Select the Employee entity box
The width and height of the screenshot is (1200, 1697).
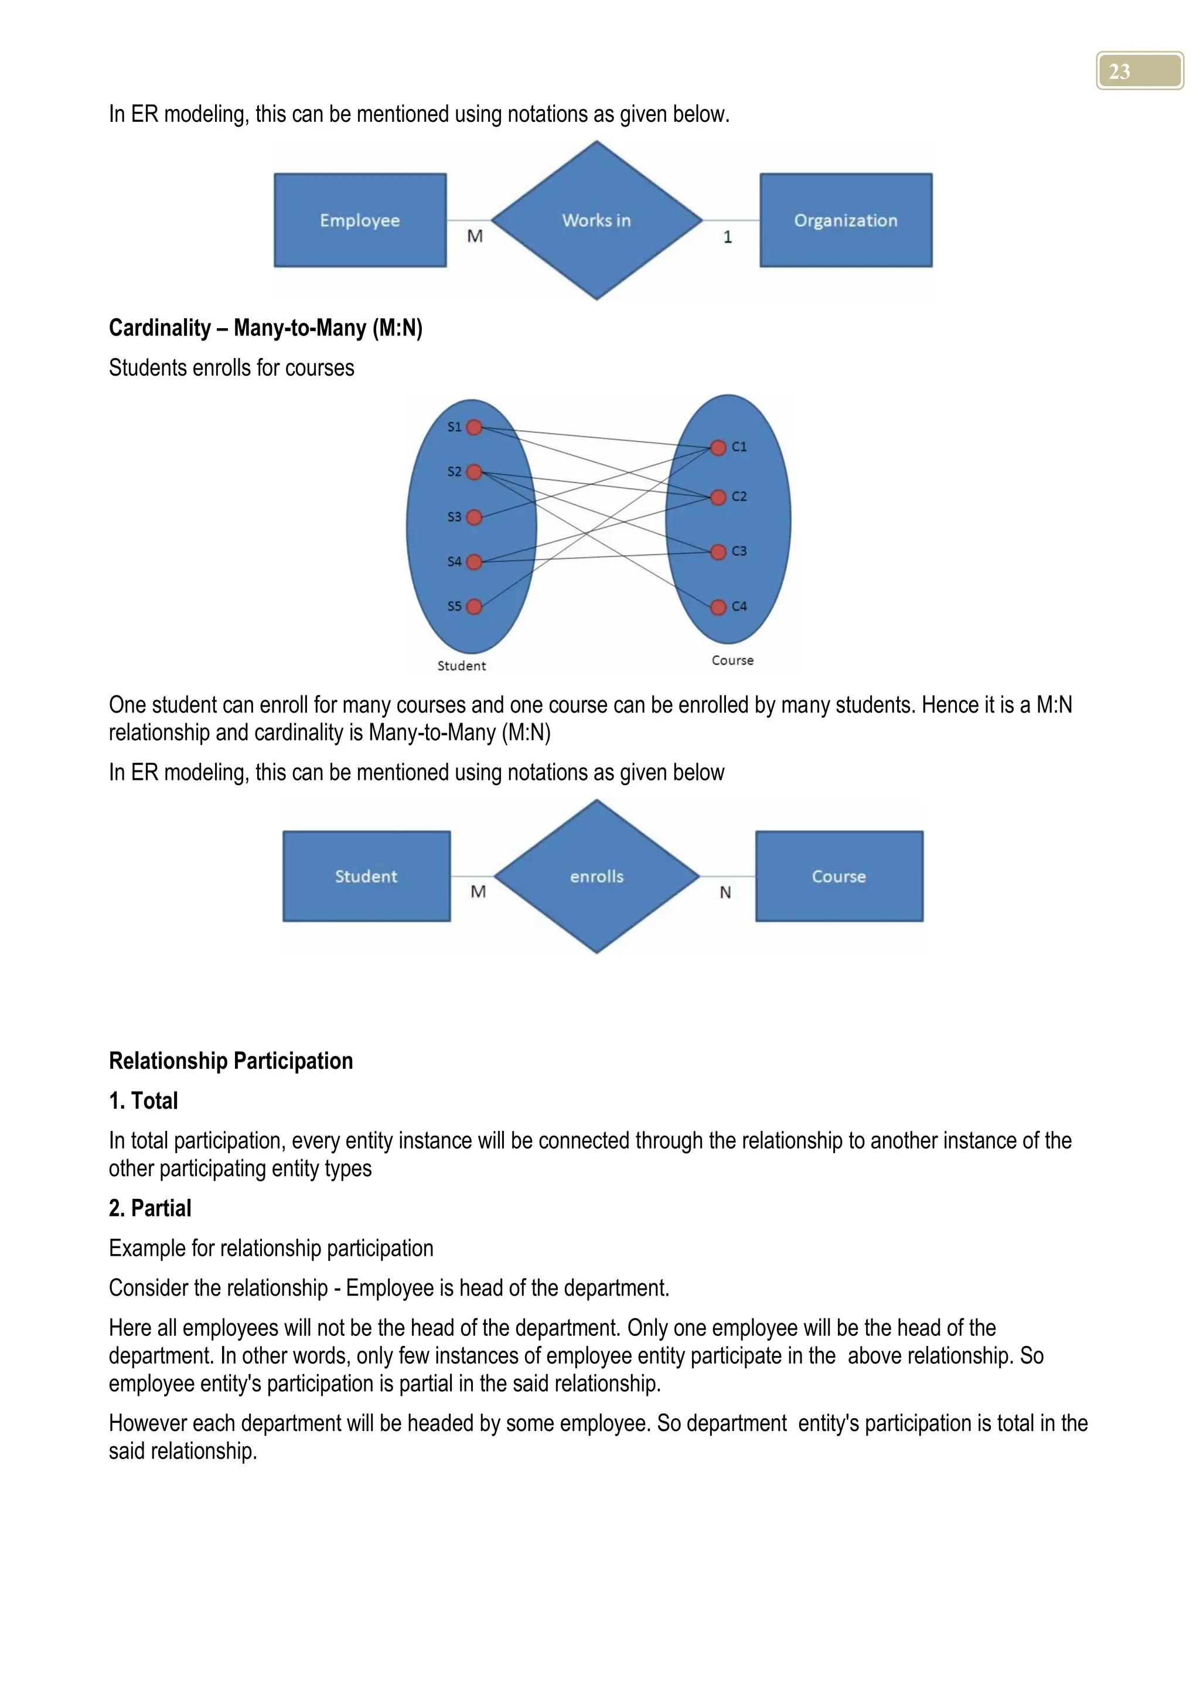360,220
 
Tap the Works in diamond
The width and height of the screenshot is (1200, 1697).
596,220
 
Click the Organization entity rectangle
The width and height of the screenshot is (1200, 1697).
846,220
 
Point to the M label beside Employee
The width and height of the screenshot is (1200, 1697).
475,237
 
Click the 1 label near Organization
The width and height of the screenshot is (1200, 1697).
728,237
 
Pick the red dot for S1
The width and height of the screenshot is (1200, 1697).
475,427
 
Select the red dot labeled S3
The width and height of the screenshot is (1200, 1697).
475,517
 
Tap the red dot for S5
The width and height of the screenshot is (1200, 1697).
475,607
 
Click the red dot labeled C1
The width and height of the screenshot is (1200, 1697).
718,447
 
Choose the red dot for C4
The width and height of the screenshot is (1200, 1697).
718,607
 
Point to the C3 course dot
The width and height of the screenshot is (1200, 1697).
718,552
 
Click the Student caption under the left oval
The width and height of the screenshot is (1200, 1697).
461,666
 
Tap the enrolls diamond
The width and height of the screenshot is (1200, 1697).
596,877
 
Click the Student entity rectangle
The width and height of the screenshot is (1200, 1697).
366,877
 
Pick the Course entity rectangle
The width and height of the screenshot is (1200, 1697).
838,877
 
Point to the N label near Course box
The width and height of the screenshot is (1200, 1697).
725,893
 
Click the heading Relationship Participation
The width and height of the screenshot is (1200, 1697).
230,1061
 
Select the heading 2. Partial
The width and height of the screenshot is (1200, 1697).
150,1208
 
